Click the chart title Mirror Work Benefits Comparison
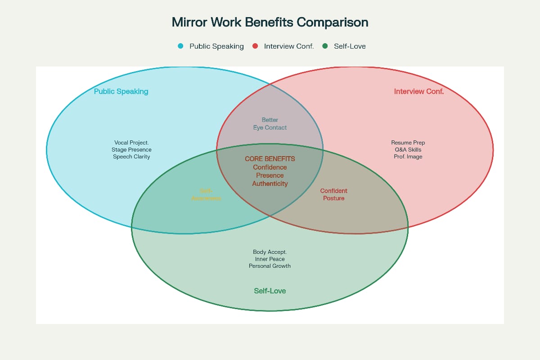[x=270, y=22]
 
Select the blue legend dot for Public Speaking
[x=180, y=46]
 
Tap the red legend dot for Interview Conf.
[x=255, y=46]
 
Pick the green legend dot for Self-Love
[x=325, y=46]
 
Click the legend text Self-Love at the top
[x=350, y=46]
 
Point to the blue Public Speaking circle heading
[x=121, y=91]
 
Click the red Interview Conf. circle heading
[x=418, y=91]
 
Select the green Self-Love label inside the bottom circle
[x=270, y=291]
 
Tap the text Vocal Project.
[x=131, y=143]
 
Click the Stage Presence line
[x=131, y=149]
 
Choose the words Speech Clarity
[x=131, y=157]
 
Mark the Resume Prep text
[x=408, y=143]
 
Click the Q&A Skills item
[x=408, y=149]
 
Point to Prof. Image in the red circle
[x=408, y=157]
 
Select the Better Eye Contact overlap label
[x=270, y=124]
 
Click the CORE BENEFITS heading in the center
[x=270, y=159]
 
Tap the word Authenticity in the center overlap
[x=270, y=184]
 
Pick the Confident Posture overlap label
[x=333, y=194]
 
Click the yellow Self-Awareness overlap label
[x=206, y=194]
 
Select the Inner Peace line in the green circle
[x=270, y=259]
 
